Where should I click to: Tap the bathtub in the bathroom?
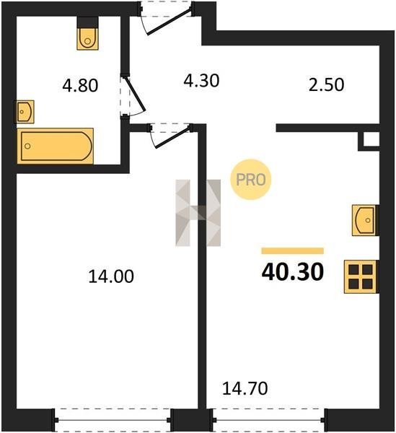(x=56, y=146)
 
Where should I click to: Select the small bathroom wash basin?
(x=25, y=112)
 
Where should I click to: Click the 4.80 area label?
(x=80, y=85)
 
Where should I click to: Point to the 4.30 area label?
(x=201, y=81)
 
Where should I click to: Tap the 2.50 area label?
(x=327, y=84)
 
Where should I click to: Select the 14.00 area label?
(x=111, y=276)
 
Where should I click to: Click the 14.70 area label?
(x=245, y=388)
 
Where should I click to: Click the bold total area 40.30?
(x=293, y=272)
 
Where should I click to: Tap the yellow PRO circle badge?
(x=251, y=180)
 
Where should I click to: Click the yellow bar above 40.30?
(x=293, y=250)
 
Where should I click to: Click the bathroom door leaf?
(x=135, y=93)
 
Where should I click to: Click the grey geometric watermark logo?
(x=198, y=213)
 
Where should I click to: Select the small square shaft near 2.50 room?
(x=371, y=140)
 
